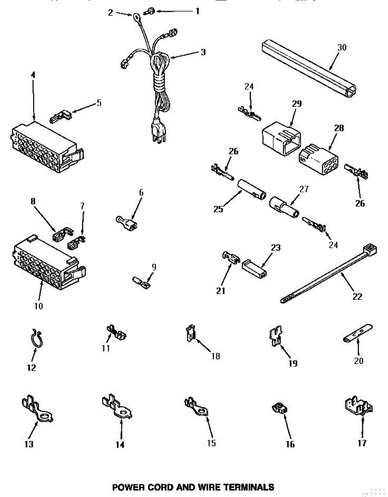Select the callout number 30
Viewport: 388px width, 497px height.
click(x=341, y=47)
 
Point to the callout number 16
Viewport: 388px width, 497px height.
click(x=290, y=444)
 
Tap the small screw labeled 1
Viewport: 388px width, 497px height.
click(x=148, y=12)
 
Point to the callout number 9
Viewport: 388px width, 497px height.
click(x=154, y=267)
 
